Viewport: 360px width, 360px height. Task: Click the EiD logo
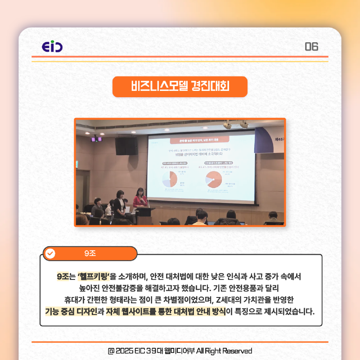pos(52,46)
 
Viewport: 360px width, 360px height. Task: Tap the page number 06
pos(311,46)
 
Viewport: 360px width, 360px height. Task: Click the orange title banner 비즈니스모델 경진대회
pos(180,86)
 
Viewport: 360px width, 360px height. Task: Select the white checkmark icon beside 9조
pos(51,253)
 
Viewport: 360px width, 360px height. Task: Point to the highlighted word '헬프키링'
pos(93,275)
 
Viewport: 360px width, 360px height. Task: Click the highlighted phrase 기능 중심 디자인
pos(71,311)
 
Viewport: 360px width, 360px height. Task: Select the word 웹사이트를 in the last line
pos(148,311)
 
